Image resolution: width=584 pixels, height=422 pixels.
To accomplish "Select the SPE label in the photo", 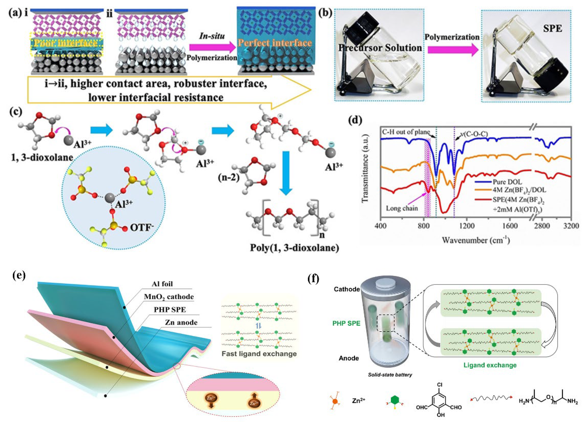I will coord(552,29).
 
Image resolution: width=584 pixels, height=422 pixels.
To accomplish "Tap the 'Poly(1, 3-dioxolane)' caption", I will coord(294,248).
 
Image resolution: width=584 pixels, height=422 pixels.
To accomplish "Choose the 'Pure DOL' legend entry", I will coord(507,182).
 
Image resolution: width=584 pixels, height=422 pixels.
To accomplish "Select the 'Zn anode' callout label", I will coord(181,323).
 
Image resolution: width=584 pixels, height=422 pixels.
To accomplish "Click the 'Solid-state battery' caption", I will coord(390,375).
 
